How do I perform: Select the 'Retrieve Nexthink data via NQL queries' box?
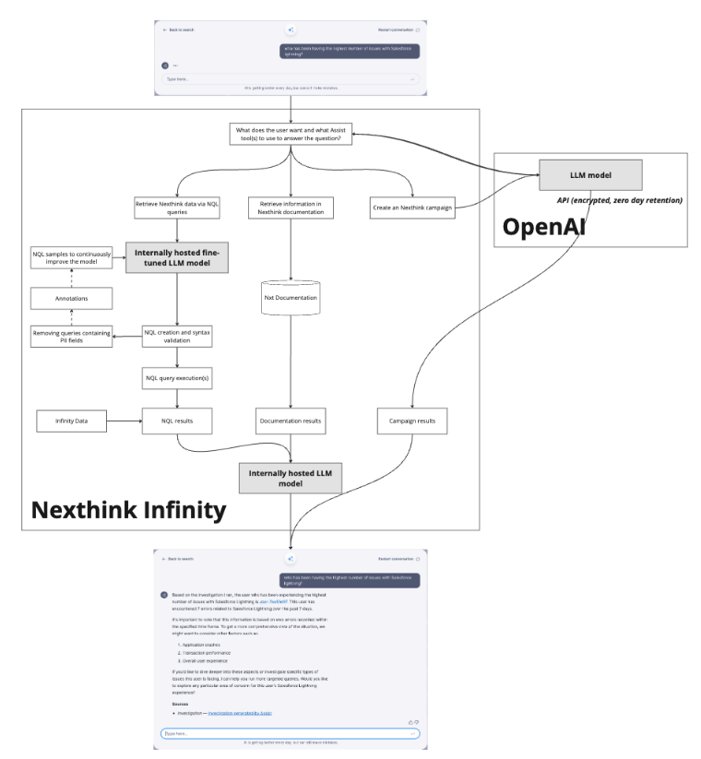point(177,208)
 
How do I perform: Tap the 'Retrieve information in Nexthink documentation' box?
point(291,208)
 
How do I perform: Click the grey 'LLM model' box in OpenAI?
point(589,174)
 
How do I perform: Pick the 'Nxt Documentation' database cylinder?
point(291,301)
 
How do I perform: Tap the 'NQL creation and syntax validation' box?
point(177,337)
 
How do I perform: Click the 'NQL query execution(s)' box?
point(177,377)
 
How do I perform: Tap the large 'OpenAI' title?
point(544,227)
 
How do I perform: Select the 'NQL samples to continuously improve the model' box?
point(71,259)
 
